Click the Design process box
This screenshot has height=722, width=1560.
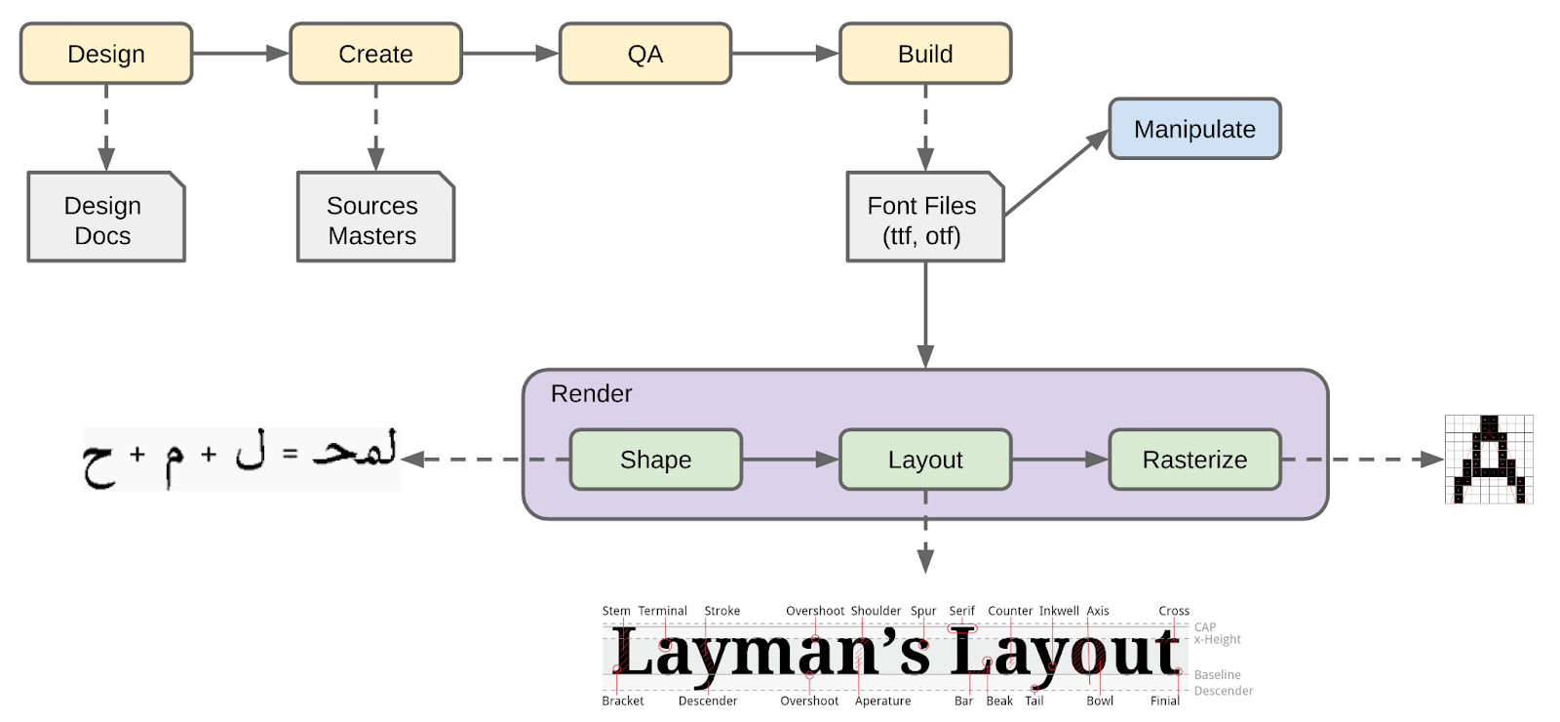click(x=106, y=54)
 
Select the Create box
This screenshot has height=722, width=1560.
click(x=375, y=54)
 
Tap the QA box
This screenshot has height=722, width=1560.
click(x=644, y=54)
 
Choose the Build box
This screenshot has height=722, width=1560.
click(x=925, y=54)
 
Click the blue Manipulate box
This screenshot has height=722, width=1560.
click(x=1194, y=129)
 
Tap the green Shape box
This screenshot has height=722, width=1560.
click(x=655, y=460)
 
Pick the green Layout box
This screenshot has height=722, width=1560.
click(x=925, y=460)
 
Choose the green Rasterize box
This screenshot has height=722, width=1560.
click(x=1194, y=460)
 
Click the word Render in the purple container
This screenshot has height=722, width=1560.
click(x=591, y=393)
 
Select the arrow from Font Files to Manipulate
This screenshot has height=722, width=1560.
click(x=1056, y=173)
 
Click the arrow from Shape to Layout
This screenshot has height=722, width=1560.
click(x=790, y=460)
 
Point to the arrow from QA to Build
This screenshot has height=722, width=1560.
click(x=785, y=54)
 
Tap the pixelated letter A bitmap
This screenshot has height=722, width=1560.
click(x=1488, y=460)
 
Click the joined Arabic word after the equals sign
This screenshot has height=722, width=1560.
click(x=355, y=451)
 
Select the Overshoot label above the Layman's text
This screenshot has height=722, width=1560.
click(x=815, y=611)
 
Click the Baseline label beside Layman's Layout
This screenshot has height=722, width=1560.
click(x=1217, y=674)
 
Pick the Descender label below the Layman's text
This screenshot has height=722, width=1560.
click(x=707, y=701)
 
